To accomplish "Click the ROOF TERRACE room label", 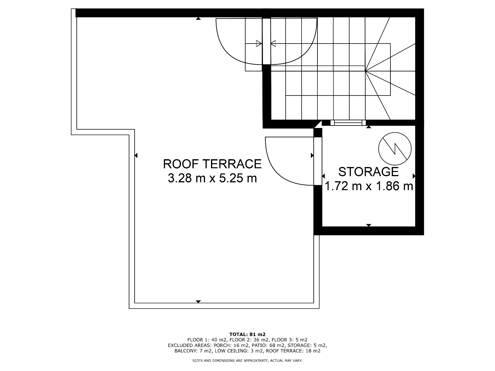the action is coord(212,164).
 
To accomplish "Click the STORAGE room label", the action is coord(368,172).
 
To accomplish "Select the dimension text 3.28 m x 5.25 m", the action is coord(212,178).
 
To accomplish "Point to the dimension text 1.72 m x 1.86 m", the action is coord(368,186).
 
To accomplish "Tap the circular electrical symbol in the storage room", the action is coord(395,149).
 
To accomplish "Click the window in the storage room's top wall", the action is coord(348,123).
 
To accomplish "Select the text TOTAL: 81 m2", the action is coord(247,334).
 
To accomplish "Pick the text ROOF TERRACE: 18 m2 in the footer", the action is coord(293,351).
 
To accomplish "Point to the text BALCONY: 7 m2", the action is coord(193,351).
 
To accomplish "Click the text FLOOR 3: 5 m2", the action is coord(289,340).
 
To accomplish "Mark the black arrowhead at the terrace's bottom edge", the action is coord(198,302).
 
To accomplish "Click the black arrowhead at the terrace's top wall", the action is coord(198,19).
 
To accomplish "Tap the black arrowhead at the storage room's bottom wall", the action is coord(369,225).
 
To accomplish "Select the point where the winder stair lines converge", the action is coord(365,71).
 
